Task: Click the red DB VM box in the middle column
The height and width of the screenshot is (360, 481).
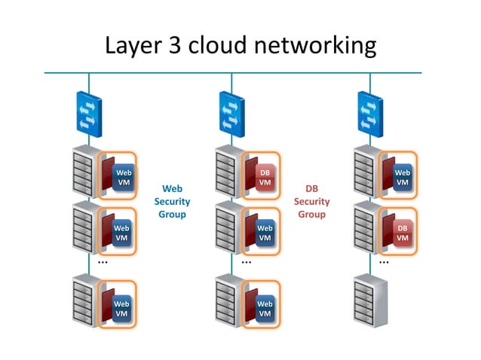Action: [x=265, y=178]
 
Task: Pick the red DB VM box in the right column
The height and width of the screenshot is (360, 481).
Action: [x=403, y=233]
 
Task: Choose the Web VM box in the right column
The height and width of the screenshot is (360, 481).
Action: [x=403, y=178]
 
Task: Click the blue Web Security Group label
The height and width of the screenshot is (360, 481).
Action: [x=172, y=201]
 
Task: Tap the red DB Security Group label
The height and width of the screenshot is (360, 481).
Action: [x=311, y=201]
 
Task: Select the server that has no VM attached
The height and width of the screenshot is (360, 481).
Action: [x=369, y=301]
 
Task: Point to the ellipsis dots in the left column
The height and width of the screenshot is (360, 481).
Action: [x=103, y=263]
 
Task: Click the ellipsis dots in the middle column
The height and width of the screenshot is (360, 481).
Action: [x=247, y=263]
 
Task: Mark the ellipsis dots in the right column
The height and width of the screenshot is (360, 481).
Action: [x=384, y=263]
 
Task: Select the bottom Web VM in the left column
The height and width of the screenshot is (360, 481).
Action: [x=121, y=308]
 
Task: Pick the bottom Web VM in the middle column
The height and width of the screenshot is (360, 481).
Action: [x=265, y=308]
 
